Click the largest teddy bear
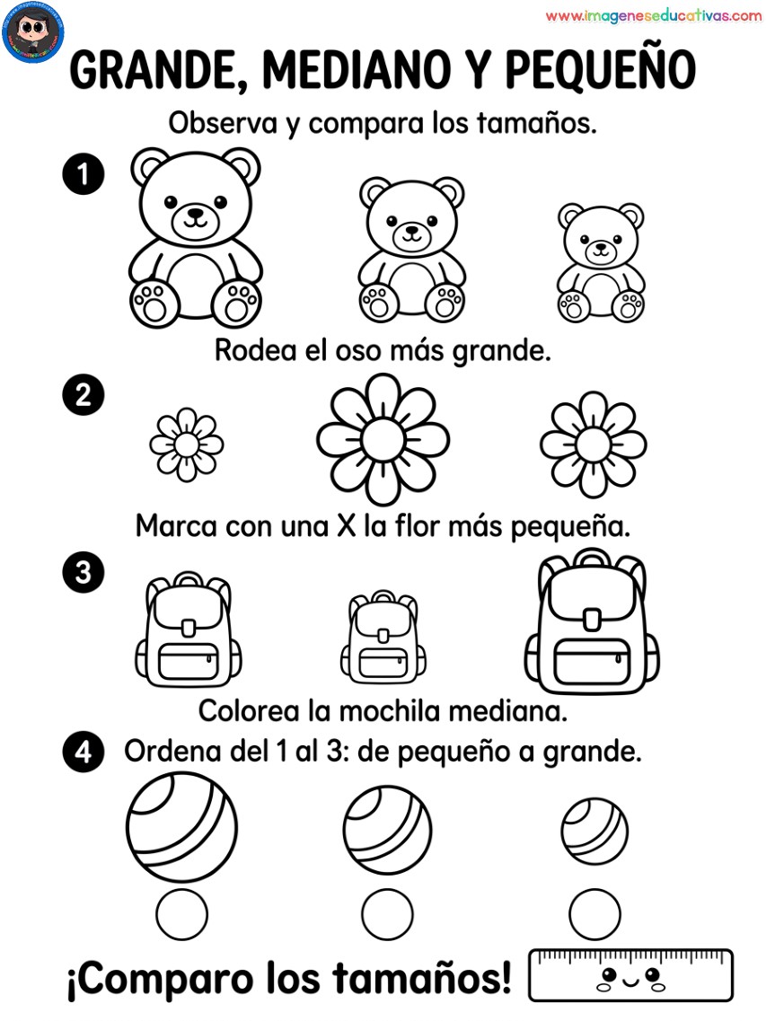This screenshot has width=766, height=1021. pos(196,238)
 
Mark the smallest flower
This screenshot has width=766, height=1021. pos(186,444)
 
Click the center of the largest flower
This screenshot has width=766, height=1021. pos(383,440)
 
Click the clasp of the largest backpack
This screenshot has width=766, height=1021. pos(592,620)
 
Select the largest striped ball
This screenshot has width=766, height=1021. pos(181,828)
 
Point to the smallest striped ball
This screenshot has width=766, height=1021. pos(594,831)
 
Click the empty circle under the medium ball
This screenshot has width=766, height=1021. pos(388,914)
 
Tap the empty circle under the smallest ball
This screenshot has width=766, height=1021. pos(594,914)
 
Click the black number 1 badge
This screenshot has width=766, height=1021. pos(84,174)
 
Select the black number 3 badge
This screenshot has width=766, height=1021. pos(84,572)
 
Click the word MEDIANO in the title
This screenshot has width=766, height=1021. pos(357,69)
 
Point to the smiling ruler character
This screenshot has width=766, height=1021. pos(630,975)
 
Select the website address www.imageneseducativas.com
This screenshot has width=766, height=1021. pos(654,16)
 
